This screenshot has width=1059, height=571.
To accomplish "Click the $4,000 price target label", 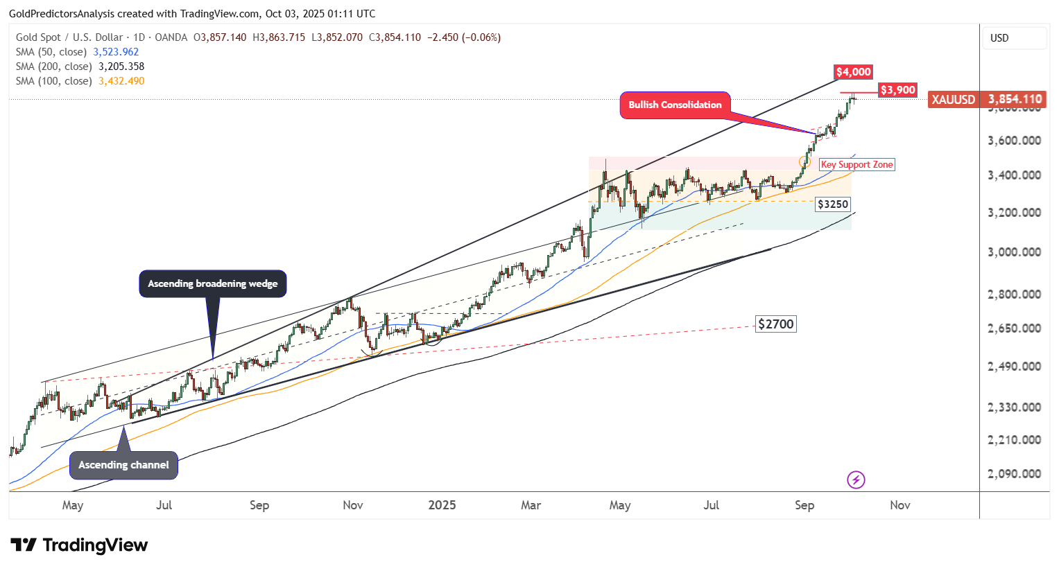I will click(853, 72).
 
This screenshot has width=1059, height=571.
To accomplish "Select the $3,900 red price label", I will click(897, 90).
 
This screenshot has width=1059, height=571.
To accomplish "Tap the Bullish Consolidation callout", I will click(675, 105).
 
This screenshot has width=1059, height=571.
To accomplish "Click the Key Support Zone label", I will click(856, 165).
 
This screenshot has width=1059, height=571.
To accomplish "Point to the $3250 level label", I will click(832, 204).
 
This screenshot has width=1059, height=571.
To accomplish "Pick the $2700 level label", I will click(775, 324).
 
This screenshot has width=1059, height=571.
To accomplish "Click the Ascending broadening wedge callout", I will click(212, 283).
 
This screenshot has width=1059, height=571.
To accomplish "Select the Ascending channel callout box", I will click(123, 465).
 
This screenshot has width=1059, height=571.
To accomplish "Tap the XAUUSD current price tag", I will click(985, 100).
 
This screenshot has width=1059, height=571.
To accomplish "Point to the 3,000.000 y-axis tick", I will click(1014, 252).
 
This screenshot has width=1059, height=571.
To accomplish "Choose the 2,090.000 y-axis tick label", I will click(1014, 474).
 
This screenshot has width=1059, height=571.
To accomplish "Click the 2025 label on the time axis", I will click(442, 505).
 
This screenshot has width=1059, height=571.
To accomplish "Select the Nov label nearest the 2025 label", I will click(353, 505).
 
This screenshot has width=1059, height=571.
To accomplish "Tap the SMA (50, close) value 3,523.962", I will click(116, 52).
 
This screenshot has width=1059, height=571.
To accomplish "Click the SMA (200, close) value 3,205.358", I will click(121, 67).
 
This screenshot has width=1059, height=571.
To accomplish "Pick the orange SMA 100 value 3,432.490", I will click(121, 81).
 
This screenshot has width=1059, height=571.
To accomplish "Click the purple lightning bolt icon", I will click(856, 480).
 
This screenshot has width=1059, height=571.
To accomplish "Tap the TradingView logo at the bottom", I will click(79, 545).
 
